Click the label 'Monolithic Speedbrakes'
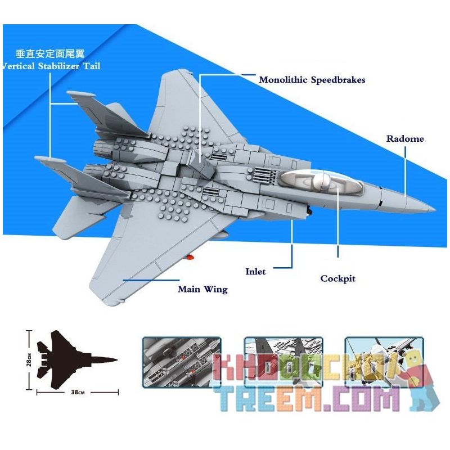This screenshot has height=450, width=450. click(x=312, y=80)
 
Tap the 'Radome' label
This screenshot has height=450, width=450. click(x=404, y=138)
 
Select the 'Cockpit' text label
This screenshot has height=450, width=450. click(x=337, y=278)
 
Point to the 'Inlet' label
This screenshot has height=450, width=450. click(x=255, y=271)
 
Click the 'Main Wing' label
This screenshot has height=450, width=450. click(x=202, y=290)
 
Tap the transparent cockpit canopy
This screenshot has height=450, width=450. click(x=315, y=182)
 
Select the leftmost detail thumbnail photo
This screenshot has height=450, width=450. click(x=181, y=361)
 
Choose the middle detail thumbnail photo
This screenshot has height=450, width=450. click(x=282, y=361)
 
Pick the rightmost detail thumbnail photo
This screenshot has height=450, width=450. click(x=383, y=361)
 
